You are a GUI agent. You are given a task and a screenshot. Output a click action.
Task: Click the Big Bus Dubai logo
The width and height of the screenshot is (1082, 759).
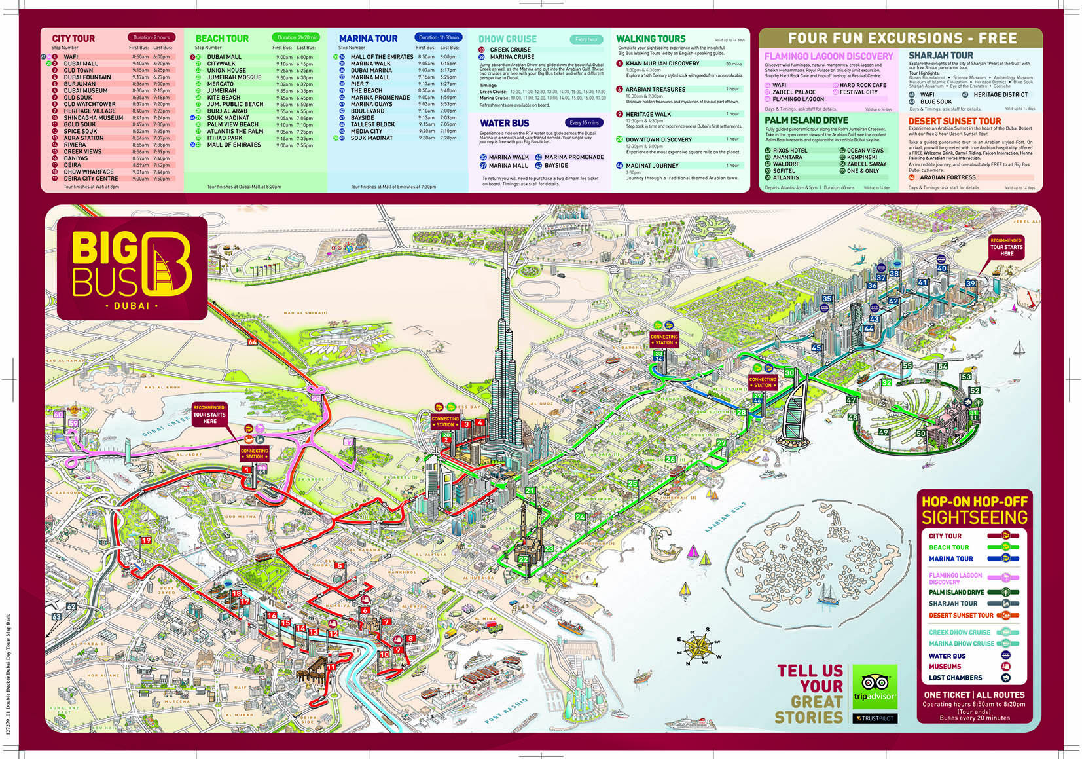pyautogui.click(x=132, y=268)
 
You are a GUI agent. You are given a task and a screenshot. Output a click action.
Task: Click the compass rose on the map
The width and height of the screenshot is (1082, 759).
pyautogui.click(x=699, y=646)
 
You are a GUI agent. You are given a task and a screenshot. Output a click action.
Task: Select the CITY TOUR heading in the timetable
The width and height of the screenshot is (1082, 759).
pyautogui.click(x=73, y=39)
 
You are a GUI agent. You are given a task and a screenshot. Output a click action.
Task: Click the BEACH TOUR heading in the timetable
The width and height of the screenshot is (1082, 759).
pyautogui.click(x=222, y=39)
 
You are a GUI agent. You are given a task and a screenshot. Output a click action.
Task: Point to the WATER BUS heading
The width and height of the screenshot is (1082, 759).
pyautogui.click(x=504, y=123)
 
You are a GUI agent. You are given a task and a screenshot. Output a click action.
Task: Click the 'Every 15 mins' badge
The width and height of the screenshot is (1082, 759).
pyautogui.click(x=583, y=122)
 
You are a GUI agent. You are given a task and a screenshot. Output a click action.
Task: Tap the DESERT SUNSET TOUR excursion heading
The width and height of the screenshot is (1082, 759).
pyautogui.click(x=954, y=121)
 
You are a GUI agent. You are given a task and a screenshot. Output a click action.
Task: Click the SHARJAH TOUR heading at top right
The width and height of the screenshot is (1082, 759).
pyautogui.click(x=941, y=56)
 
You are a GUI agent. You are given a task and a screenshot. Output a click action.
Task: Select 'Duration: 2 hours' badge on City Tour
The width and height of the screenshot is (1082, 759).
pyautogui.click(x=151, y=37)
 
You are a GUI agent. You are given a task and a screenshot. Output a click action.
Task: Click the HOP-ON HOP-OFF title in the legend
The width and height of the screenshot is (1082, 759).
pyautogui.click(x=974, y=502)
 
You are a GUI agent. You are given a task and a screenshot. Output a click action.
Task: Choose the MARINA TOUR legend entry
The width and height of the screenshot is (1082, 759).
pyautogui.click(x=950, y=559)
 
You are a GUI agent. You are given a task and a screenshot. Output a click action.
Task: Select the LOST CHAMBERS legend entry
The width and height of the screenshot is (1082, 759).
pyautogui.click(x=955, y=678)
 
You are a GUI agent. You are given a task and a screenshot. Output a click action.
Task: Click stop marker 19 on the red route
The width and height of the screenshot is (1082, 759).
pyautogui.click(x=145, y=540)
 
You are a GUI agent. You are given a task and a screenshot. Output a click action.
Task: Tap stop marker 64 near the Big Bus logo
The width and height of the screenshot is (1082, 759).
pyautogui.click(x=253, y=342)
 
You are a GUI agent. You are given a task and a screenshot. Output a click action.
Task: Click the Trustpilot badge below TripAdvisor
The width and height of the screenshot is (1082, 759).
pyautogui.click(x=875, y=718)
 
